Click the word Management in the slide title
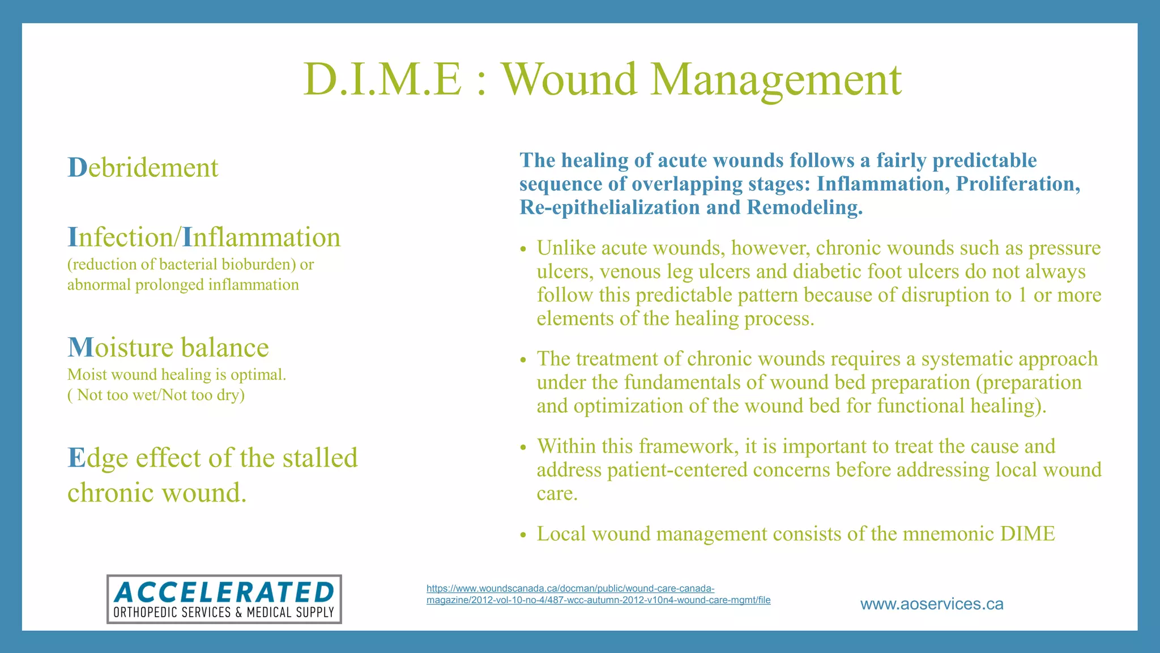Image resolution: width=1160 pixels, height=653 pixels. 775,79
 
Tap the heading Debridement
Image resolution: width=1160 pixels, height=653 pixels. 143,168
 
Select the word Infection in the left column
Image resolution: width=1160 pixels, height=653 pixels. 120,238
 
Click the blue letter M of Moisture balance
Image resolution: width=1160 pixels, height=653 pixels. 80,347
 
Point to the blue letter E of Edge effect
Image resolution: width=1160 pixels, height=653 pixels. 75,458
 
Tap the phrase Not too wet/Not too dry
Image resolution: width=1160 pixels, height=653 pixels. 160,395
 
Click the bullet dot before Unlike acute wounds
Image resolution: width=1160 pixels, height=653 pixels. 523,249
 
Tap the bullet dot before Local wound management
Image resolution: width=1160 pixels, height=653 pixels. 523,535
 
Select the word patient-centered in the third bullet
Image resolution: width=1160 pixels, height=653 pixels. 677,470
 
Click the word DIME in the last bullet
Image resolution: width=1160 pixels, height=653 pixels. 1027,534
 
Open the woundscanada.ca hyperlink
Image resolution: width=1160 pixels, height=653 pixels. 598,595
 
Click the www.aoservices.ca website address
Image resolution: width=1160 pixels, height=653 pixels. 931,604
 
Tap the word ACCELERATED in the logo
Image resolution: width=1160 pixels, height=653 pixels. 224,593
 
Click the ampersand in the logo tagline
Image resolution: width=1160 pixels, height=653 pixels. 238,613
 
